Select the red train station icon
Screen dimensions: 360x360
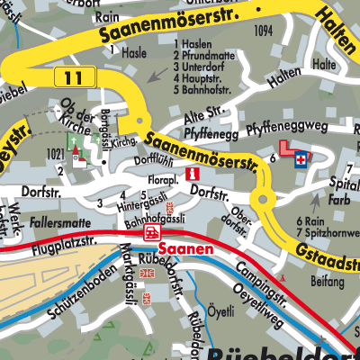click(149, 234)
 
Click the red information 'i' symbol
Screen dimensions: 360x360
click(190, 173)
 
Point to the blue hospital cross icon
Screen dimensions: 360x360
click(299, 159)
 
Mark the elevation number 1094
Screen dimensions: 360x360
click(263, 31)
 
